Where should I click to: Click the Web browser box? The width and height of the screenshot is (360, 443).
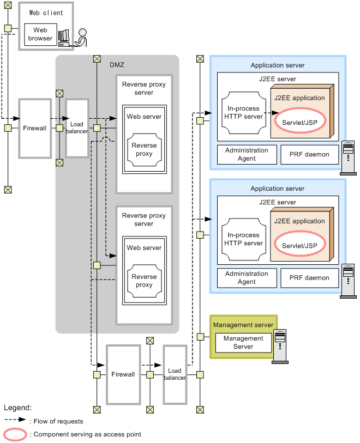coord(41,34)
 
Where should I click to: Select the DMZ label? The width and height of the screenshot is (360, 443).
coord(117,65)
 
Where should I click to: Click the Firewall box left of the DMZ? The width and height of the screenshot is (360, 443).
coord(35,128)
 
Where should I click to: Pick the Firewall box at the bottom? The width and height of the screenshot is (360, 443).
coord(123,374)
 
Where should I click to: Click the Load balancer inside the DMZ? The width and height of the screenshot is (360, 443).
coord(77,128)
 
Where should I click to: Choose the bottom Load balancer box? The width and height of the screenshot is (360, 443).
coord(175,374)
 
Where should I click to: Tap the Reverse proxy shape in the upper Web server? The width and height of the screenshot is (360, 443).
coord(144,150)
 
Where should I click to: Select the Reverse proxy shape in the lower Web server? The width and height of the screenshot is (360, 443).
coord(144,281)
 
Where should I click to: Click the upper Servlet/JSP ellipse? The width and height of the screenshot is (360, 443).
coord(300,122)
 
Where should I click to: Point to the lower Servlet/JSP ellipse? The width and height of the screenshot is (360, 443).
coord(300,245)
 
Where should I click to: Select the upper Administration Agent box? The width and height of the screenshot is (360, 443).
coord(247,154)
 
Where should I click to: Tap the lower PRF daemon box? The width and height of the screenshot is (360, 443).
coord(309,278)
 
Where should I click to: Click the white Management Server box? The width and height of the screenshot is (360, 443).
coord(243,343)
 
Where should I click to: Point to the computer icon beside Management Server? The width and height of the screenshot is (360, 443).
coord(280,346)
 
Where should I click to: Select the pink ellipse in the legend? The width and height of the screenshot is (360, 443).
coord(15,434)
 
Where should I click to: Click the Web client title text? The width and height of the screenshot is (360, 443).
coord(46,13)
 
